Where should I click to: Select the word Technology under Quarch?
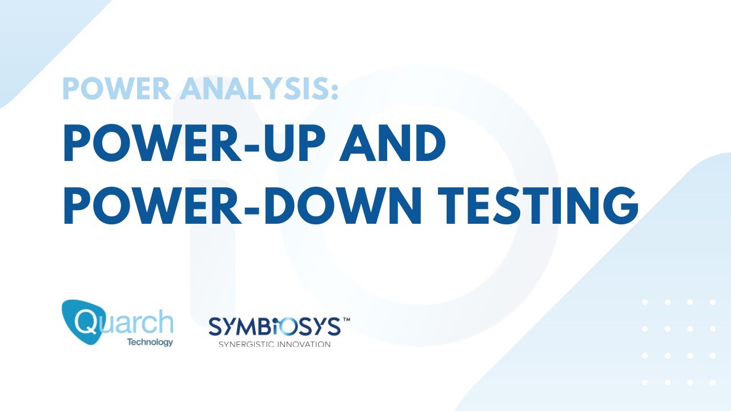150,342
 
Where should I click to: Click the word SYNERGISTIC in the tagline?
246,344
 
